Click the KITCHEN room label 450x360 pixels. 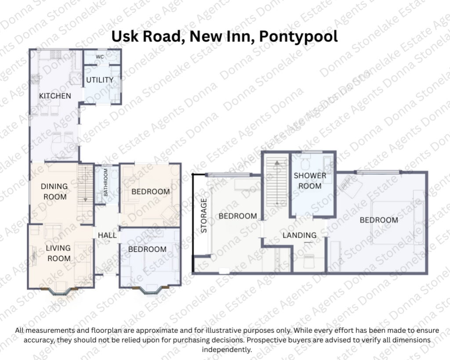55,96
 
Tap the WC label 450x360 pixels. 100,57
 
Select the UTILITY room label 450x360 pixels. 100,80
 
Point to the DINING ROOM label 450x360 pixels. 54,191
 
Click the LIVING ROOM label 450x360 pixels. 58,253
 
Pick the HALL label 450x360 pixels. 107,235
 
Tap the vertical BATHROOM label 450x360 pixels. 105,183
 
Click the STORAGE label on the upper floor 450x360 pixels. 204,216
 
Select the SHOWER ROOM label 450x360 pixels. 310,180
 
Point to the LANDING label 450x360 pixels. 300,235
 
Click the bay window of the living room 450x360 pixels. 59,292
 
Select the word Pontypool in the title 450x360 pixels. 298,36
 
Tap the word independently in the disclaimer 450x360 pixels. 227,349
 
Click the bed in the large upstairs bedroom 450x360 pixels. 398,223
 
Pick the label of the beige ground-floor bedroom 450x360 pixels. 150,191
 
